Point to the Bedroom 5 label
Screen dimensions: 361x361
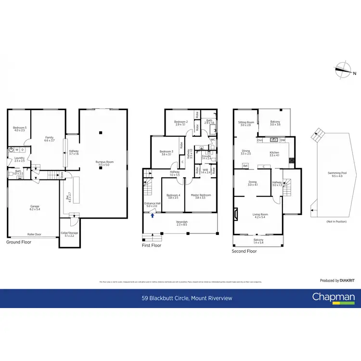click(x=19, y=129)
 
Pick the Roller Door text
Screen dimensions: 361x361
click(x=34, y=234)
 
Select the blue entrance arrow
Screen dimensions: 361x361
click(x=153, y=216)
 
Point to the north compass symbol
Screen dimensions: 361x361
click(x=346, y=70)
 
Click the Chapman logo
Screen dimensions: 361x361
click(x=334, y=298)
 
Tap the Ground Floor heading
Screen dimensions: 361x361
click(x=19, y=242)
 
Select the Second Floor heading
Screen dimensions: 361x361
click(x=245, y=251)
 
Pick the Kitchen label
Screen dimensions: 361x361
click(x=274, y=154)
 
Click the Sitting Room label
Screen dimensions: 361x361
click(x=245, y=123)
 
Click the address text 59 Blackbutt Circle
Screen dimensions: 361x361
click(x=187, y=298)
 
